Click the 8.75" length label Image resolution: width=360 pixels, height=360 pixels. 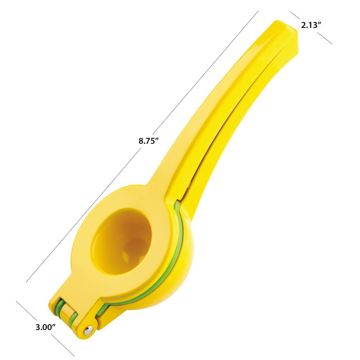149,141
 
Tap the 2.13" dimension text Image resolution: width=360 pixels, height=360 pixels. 311,25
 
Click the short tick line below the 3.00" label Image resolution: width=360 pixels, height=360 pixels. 63,346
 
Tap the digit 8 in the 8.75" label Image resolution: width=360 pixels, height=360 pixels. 141,141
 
